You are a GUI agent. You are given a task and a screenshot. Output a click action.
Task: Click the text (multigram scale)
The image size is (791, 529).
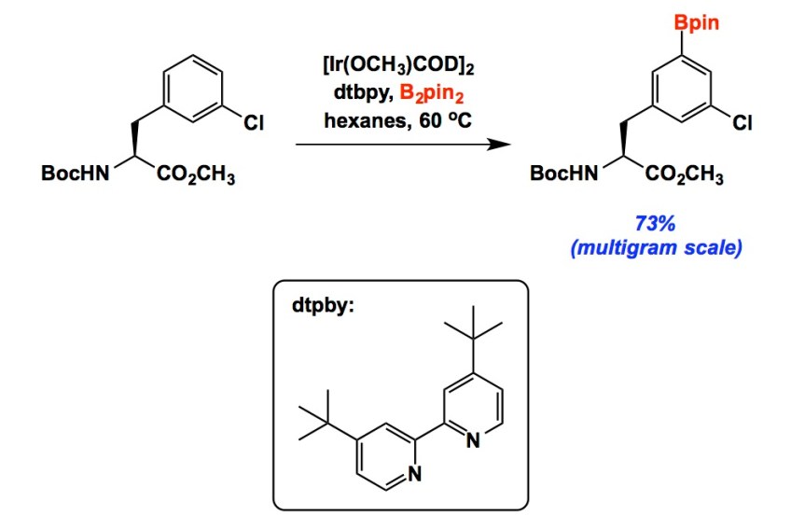pos(656,250)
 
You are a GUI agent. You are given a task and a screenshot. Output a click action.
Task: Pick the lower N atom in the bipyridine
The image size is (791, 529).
pos(415,474)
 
